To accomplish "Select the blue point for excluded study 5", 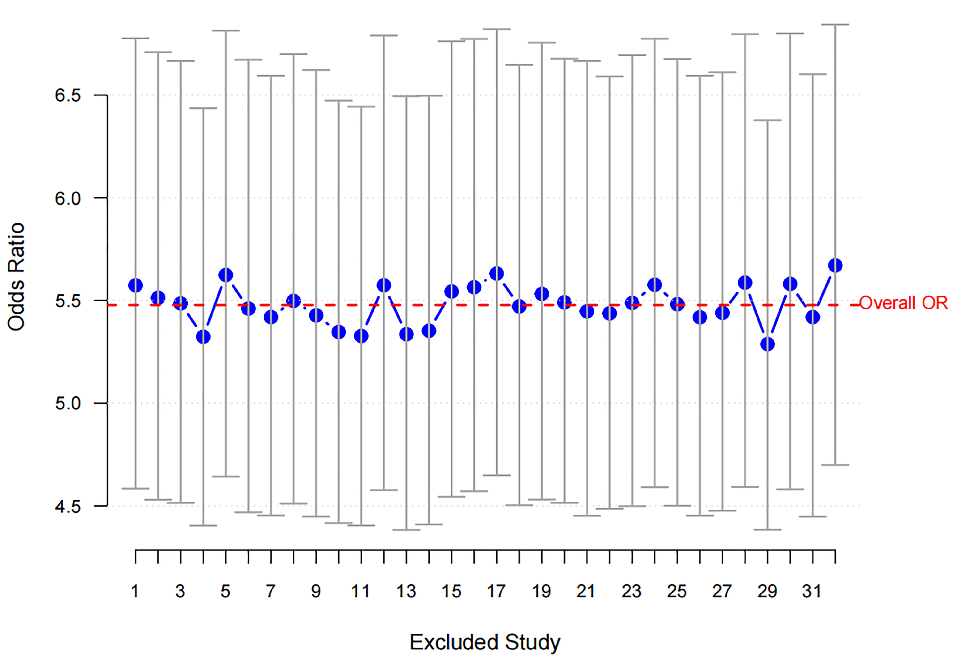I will coord(226,275).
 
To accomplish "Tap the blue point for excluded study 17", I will coord(497,274).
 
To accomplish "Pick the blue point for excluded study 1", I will coord(136,286).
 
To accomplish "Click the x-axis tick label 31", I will coord(812,591).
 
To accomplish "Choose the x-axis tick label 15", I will coord(451,591).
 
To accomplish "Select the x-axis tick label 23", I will coord(631,591).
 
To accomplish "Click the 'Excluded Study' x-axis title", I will coord(485,642).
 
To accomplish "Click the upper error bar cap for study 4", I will coord(203,108).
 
